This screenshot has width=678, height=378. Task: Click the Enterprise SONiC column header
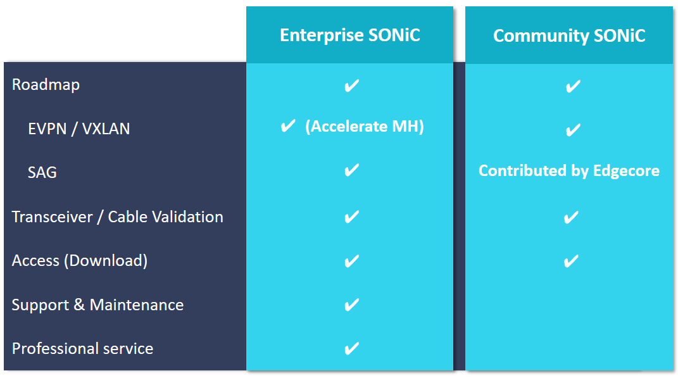tap(350, 35)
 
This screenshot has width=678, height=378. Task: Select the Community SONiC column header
tap(569, 35)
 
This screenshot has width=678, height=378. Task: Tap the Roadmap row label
tap(46, 84)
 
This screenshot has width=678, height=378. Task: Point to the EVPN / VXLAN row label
tap(78, 129)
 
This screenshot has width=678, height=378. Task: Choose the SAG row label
tap(42, 172)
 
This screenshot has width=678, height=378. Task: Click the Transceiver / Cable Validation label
tap(117, 217)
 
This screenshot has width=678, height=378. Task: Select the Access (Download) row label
tap(80, 260)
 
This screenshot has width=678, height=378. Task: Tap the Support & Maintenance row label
tap(97, 305)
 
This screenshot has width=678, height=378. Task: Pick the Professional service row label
tap(82, 349)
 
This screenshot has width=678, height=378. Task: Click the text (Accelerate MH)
tap(365, 126)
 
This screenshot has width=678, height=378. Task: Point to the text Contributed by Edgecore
tap(569, 171)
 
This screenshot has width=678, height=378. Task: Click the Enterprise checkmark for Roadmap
tap(351, 85)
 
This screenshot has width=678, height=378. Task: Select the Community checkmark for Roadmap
tap(573, 87)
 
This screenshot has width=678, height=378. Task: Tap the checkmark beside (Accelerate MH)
tap(288, 126)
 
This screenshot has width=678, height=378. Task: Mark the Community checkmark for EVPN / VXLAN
tap(573, 130)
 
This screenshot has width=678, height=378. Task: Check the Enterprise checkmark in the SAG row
tap(351, 170)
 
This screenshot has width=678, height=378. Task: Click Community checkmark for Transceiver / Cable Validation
tap(571, 217)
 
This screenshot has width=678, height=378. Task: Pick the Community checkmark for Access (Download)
tap(571, 261)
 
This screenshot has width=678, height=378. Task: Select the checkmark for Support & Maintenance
tap(351, 305)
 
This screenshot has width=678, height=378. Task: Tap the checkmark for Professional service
tap(351, 348)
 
